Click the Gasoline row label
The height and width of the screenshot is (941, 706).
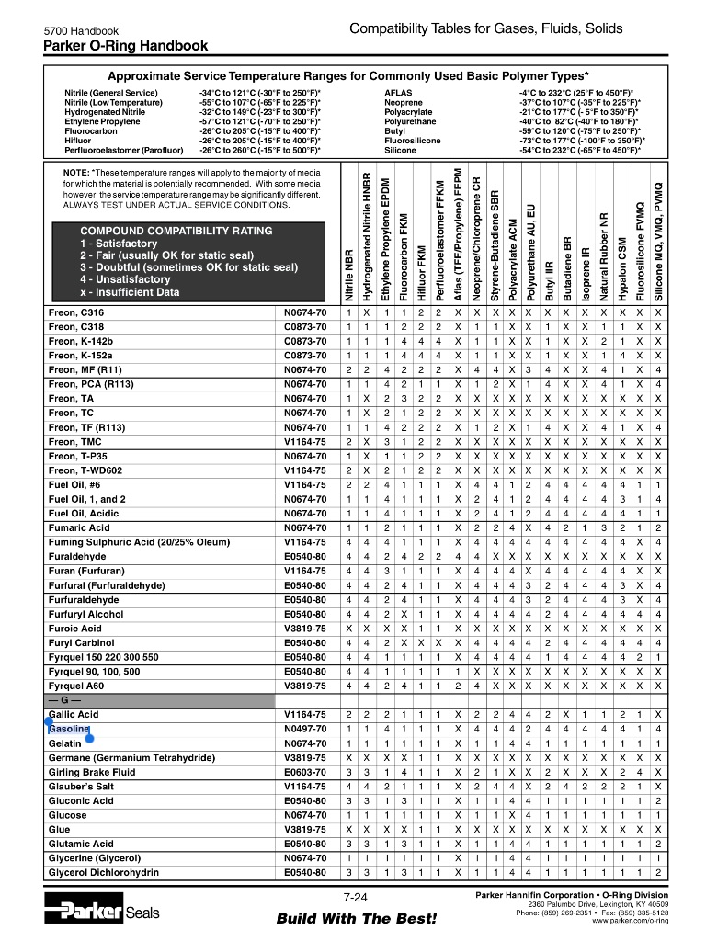pos(69,729)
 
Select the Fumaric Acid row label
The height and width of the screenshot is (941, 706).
pos(79,528)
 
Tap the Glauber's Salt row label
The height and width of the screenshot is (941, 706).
pos(81,787)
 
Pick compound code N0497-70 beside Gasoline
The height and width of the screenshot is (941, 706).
pos(305,729)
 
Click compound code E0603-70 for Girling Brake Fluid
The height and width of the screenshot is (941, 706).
pos(305,772)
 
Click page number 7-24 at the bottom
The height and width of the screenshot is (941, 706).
pos(355,898)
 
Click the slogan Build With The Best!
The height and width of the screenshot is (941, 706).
pos(356,919)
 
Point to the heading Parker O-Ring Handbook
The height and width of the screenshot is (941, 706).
pos(126,46)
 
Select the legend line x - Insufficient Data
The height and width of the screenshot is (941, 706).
pos(130,292)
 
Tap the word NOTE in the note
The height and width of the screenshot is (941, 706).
pos(75,173)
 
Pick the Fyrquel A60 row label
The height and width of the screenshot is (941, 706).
pos(77,686)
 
